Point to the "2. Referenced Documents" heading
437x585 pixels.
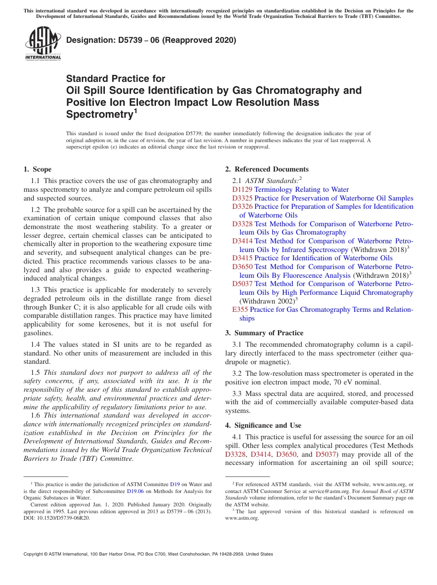pyautogui.click(x=267, y=169)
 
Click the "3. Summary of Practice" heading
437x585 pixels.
pyautogui.click(x=264, y=333)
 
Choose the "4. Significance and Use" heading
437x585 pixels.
pyautogui.click(x=263, y=425)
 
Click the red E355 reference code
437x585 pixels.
pyautogui.click(x=240, y=310)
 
